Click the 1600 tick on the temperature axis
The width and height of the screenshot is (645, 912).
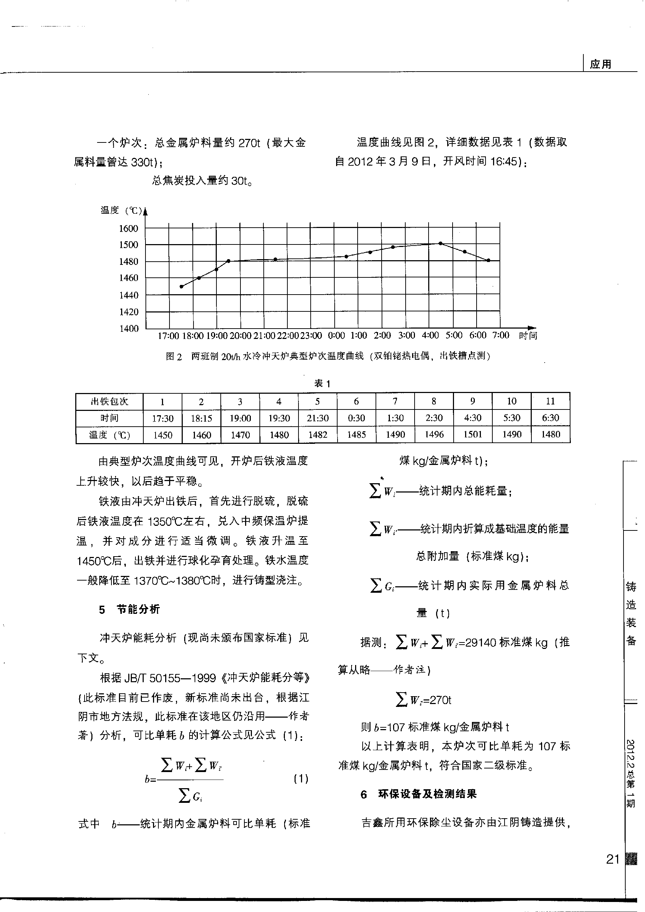(x=128, y=228)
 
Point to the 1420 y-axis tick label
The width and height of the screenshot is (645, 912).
(x=128, y=312)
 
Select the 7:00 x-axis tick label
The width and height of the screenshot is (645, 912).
(x=501, y=335)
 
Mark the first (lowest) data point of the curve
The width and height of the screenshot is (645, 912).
(x=181, y=286)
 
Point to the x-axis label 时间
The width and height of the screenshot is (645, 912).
(x=528, y=336)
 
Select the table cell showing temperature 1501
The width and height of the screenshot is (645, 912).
(x=472, y=435)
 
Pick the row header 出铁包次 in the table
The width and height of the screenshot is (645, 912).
(x=109, y=402)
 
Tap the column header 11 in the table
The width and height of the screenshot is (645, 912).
(x=550, y=402)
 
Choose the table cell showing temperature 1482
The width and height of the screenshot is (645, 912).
(x=317, y=435)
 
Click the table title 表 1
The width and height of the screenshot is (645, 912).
(x=322, y=384)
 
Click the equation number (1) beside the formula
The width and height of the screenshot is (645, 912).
(x=301, y=779)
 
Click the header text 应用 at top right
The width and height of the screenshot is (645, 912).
(x=601, y=64)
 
